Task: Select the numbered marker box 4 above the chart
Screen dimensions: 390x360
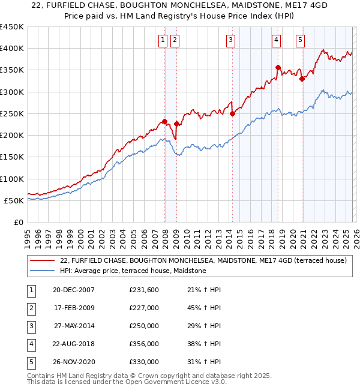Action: point(276,40)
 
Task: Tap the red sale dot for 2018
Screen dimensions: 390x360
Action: point(278,67)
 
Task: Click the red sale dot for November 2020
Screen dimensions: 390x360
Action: point(302,79)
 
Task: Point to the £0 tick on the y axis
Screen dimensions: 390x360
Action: point(19,222)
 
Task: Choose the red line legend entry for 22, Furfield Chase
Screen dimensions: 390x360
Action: point(203,260)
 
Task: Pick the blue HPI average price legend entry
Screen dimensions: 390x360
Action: point(133,271)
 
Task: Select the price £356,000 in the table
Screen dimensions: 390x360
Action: point(144,344)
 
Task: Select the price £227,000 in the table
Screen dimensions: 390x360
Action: point(144,308)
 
